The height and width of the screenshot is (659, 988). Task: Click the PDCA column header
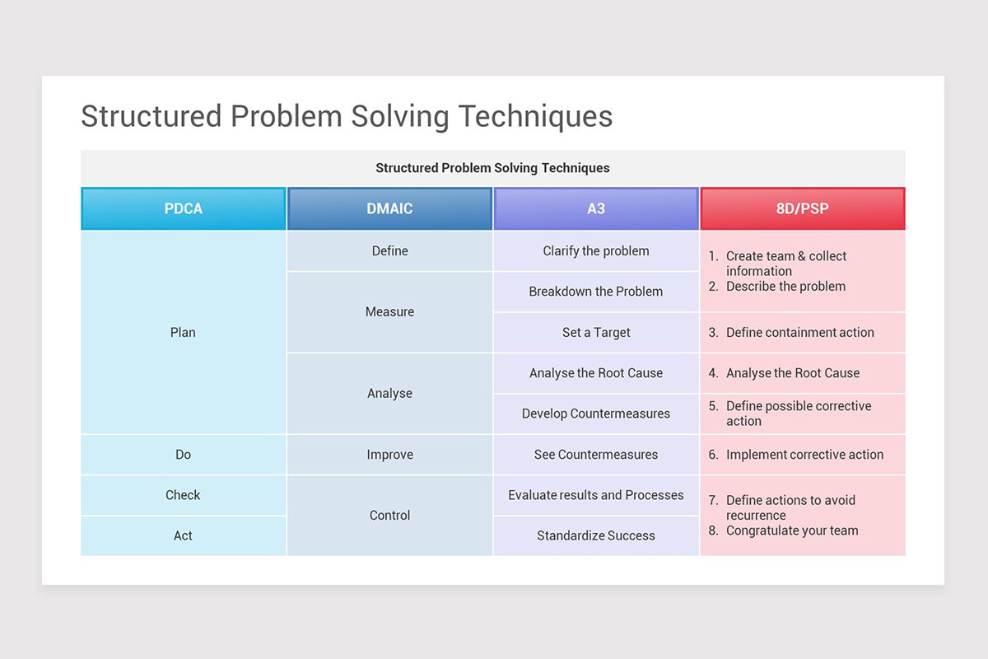[x=183, y=208]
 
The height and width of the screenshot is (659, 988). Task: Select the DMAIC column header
[x=389, y=208]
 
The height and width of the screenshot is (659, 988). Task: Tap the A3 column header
[x=596, y=208]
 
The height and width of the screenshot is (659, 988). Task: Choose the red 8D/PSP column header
[x=802, y=208]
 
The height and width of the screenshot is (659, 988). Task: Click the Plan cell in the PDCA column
[x=183, y=332]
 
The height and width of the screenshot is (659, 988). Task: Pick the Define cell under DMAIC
[x=389, y=250]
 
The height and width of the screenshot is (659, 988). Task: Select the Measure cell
[x=389, y=311]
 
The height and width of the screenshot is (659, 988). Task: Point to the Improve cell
[x=389, y=454]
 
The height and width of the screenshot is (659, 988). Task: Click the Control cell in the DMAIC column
[x=389, y=515]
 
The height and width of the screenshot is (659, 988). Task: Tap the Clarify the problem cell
[x=596, y=250]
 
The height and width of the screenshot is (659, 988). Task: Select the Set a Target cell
[x=596, y=332]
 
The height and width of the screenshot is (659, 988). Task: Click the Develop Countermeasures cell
[x=596, y=414]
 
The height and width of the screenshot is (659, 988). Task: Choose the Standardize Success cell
[x=596, y=535]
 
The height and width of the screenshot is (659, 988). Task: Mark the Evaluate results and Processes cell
[x=596, y=495]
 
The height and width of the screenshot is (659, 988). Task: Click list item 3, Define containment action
[x=799, y=332]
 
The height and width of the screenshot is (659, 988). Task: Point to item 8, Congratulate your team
[x=791, y=530]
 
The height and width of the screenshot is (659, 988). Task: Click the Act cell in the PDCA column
[x=183, y=535]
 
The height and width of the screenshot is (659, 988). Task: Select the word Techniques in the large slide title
[x=535, y=116]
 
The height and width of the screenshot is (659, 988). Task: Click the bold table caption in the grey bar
[x=492, y=168]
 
